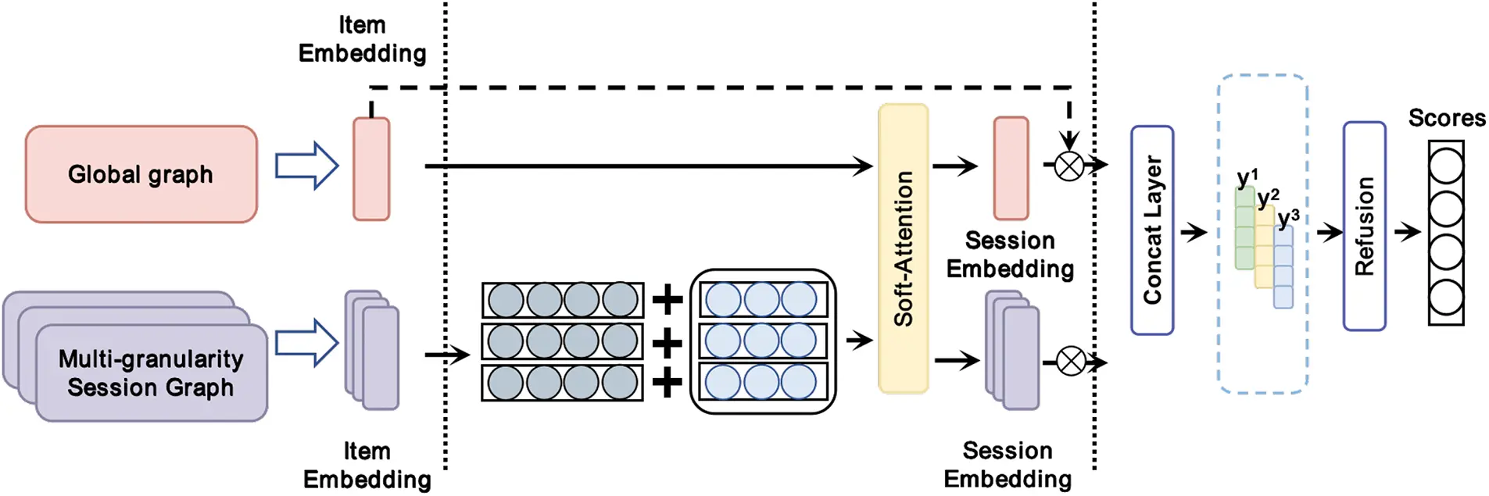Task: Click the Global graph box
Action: point(141,174)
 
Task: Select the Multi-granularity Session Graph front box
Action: point(151,373)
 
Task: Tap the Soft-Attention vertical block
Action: point(903,248)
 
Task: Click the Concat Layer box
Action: point(1151,230)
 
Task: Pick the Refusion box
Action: point(1364,227)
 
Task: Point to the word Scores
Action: point(1446,118)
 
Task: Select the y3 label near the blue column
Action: point(1288,218)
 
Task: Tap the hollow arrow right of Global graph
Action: point(306,166)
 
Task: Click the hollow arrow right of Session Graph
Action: point(306,342)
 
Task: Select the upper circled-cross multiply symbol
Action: point(1068,166)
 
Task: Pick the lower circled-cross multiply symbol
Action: point(1070,362)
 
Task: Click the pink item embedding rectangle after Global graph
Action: point(371,169)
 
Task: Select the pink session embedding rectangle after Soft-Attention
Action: point(1011,168)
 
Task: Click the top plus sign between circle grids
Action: point(667,300)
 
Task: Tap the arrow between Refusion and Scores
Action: point(1406,232)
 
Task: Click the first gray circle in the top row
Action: point(506,300)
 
